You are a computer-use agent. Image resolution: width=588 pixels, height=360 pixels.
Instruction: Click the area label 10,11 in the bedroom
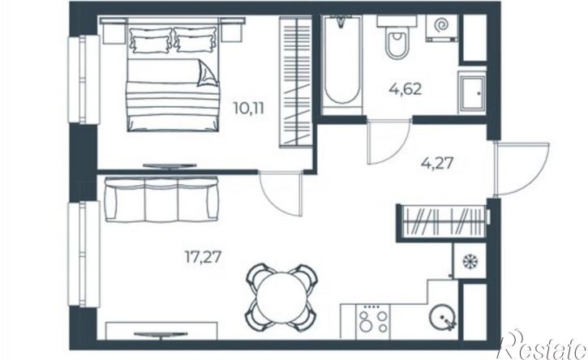[249, 109]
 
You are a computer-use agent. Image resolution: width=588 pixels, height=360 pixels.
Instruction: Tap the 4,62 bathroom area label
[406, 89]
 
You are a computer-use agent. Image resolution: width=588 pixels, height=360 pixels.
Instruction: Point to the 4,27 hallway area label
[438, 164]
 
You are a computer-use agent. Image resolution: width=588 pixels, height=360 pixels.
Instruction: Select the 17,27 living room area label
[203, 257]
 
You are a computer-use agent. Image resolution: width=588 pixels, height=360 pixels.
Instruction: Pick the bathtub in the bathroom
[341, 64]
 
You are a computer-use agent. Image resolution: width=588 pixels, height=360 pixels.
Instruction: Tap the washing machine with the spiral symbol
[442, 28]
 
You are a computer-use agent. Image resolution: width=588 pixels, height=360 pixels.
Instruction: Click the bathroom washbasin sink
[472, 92]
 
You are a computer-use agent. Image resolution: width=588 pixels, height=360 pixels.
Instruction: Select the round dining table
[281, 298]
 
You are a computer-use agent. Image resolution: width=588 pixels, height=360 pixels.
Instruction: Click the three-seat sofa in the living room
[161, 199]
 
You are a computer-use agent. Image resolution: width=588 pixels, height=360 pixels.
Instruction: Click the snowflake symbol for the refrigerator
[469, 261]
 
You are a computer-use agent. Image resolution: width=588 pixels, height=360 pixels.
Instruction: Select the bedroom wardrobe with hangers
[295, 81]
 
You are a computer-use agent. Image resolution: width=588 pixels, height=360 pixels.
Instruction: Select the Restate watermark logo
[543, 345]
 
